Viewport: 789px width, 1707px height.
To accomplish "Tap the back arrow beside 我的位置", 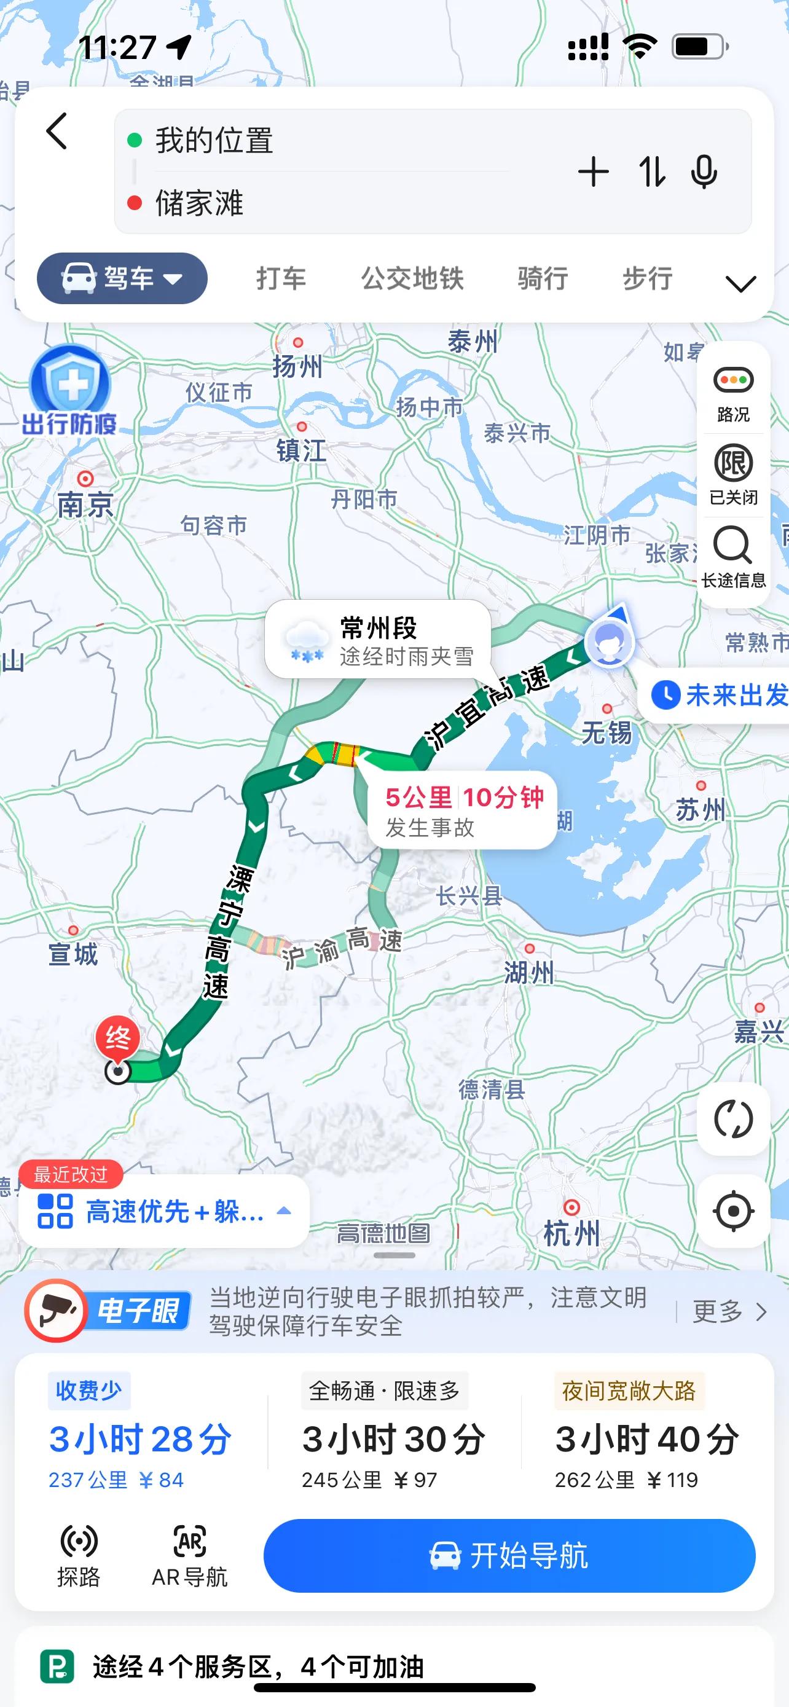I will click(x=58, y=131).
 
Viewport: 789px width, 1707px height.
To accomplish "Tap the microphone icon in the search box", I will click(x=704, y=172).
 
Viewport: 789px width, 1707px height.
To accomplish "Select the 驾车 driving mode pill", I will click(x=122, y=278).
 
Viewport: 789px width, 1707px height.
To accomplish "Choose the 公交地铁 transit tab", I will click(x=412, y=278).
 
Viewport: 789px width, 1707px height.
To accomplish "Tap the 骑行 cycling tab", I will click(x=543, y=278).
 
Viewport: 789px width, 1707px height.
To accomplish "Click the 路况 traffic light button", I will click(x=733, y=394).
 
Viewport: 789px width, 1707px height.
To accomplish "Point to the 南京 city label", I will click(x=85, y=506).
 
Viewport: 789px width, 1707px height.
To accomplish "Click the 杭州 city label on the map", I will click(x=571, y=1234).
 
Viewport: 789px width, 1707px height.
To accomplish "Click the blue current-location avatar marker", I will click(x=609, y=642).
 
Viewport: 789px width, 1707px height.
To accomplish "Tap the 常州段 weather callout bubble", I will click(x=379, y=640).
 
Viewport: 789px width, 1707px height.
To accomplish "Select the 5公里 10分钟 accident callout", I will click(x=463, y=810).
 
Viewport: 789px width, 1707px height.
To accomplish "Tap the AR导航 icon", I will click(x=189, y=1556).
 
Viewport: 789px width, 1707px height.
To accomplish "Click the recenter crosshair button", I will click(x=733, y=1211).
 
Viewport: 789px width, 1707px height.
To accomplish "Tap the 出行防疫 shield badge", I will click(x=69, y=391).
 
